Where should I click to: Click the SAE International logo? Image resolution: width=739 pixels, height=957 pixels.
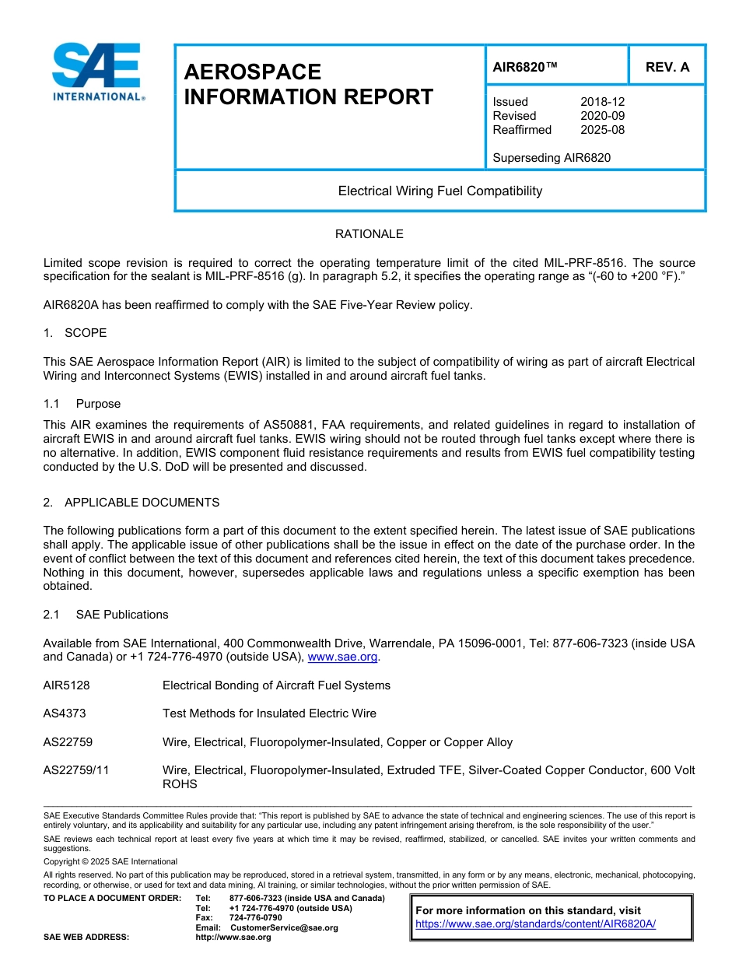point(96,72)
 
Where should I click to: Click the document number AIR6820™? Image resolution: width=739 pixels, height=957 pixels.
point(525,67)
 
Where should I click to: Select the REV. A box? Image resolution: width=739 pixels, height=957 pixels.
point(667,67)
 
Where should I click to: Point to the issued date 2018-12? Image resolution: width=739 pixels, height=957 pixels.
point(602,102)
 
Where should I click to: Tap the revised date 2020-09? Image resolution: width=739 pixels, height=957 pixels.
point(602,116)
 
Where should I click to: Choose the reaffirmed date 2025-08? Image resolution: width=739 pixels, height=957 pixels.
point(602,130)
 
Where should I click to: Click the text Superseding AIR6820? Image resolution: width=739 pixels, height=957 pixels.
point(552,158)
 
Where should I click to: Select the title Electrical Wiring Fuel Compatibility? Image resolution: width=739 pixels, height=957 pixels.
point(440,191)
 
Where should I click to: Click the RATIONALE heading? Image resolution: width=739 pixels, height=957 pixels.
point(369,234)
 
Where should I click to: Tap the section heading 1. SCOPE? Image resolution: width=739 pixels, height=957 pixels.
point(75,333)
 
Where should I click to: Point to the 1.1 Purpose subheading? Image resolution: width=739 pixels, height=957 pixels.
point(82,404)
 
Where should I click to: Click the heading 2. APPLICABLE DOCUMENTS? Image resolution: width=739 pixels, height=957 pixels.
point(131,503)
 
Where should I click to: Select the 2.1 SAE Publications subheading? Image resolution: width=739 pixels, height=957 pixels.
point(106,615)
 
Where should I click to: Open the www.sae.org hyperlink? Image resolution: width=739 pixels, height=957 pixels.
point(342,657)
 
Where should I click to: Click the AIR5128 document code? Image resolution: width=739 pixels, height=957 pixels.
point(66,685)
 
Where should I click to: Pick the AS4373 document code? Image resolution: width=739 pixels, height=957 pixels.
point(65,713)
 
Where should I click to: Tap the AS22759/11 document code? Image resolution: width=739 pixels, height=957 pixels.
point(76,770)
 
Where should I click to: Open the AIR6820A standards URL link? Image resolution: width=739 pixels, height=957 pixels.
point(535,924)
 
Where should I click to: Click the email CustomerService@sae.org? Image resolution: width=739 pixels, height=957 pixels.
point(284,927)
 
